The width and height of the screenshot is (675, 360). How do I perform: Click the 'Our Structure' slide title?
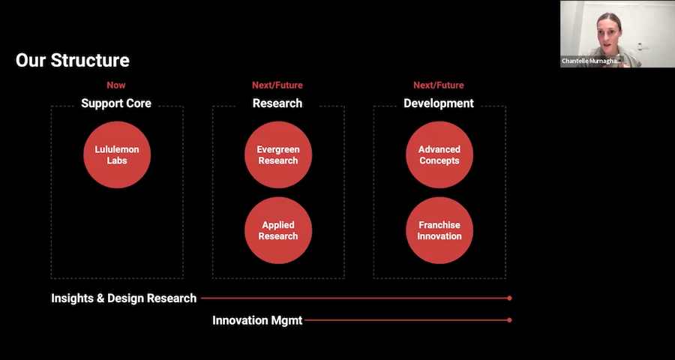(x=72, y=61)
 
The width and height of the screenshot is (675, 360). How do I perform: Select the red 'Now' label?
(x=116, y=85)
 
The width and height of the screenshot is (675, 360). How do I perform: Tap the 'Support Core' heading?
(x=116, y=103)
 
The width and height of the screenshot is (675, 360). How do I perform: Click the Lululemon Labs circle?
(x=117, y=154)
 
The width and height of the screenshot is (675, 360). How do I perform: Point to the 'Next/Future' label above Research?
(x=277, y=85)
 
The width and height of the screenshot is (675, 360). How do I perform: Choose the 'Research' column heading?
(x=277, y=103)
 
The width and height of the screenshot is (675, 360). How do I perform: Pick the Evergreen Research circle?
(x=278, y=154)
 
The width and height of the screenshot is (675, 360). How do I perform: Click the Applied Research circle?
(x=278, y=230)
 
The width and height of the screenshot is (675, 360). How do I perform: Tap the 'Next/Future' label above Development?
(x=439, y=85)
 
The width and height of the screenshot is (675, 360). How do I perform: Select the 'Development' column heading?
(x=439, y=103)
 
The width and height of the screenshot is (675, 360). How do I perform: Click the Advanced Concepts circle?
(x=439, y=154)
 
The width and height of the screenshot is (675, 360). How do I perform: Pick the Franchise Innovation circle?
(x=439, y=230)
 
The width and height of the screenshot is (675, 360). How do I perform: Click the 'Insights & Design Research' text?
(x=124, y=298)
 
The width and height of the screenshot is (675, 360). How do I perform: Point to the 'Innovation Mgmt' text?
(x=257, y=320)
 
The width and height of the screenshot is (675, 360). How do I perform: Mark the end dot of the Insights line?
(x=510, y=298)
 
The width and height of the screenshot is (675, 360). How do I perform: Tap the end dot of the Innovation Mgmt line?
(x=510, y=320)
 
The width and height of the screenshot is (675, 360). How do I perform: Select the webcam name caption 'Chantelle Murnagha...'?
(x=591, y=61)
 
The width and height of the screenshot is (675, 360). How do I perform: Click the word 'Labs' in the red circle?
(x=117, y=160)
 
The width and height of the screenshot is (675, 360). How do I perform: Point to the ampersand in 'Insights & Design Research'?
(x=100, y=298)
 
